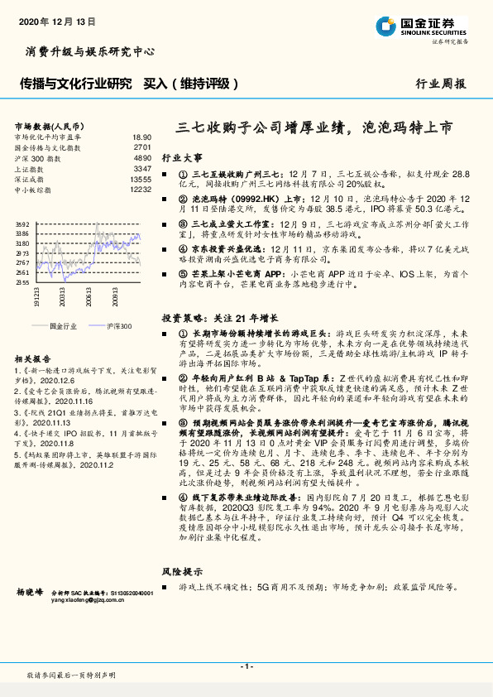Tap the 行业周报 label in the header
tap(439, 84)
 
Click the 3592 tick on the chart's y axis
tap(22, 225)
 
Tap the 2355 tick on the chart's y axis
tap(22, 281)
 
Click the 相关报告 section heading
tap(34, 358)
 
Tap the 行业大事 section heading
tap(181, 156)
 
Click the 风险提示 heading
tap(181, 572)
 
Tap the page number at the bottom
tap(246, 666)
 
